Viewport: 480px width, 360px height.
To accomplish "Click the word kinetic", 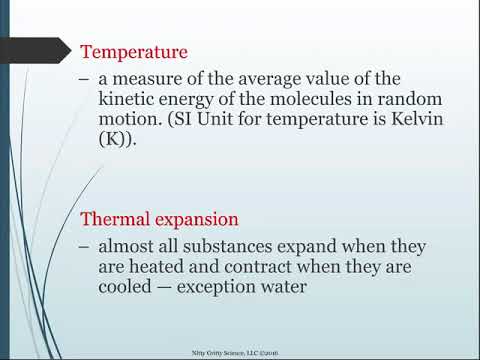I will pyautogui.click(x=126, y=100).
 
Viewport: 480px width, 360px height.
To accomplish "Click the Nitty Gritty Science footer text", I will pyautogui.click(x=240, y=352).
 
